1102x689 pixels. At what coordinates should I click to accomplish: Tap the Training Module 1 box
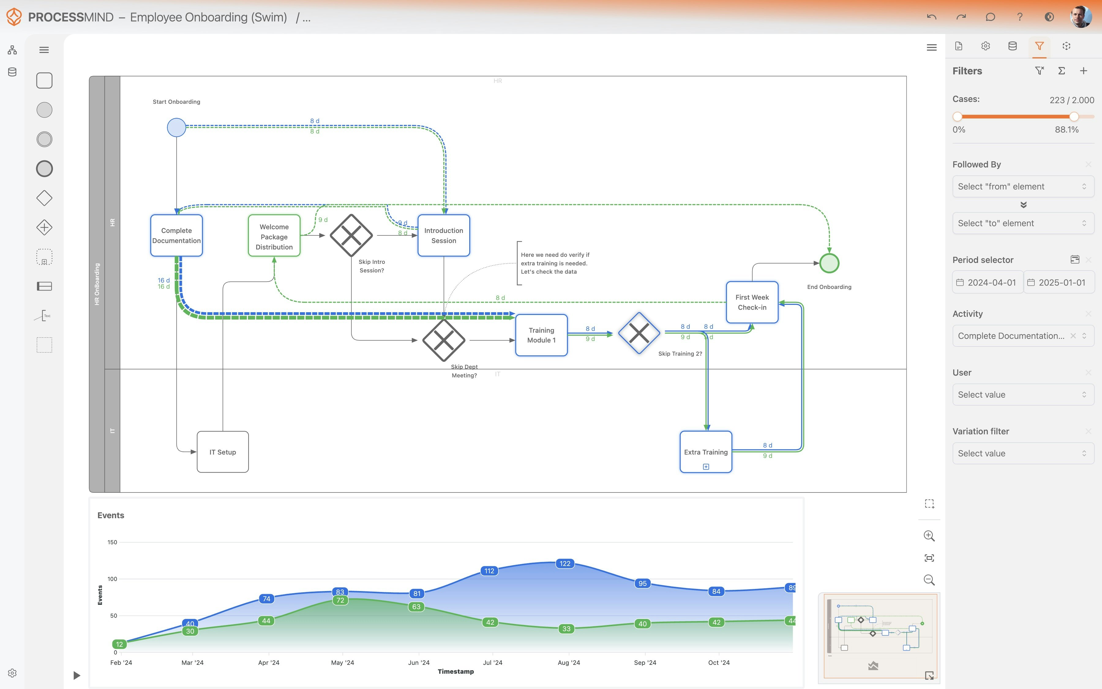[x=541, y=335]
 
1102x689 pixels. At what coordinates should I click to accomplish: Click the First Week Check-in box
[x=752, y=302]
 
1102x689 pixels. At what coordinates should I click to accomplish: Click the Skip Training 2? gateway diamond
[x=639, y=333]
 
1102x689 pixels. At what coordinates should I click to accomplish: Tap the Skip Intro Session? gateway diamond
[x=351, y=235]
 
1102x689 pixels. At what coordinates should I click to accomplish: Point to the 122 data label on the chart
[x=565, y=564]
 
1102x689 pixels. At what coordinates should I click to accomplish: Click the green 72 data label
[x=340, y=600]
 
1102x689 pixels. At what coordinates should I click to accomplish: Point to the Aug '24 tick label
[x=568, y=663]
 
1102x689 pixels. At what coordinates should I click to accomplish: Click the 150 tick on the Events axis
[x=112, y=542]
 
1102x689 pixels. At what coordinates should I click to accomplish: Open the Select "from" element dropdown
[x=1022, y=186]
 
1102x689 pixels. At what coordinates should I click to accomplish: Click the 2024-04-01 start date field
[x=987, y=283]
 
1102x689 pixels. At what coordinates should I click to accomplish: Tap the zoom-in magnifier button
[x=929, y=536]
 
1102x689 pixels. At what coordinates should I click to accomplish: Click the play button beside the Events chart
[x=77, y=675]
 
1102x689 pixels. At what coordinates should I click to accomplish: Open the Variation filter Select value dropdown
[x=1022, y=453]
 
